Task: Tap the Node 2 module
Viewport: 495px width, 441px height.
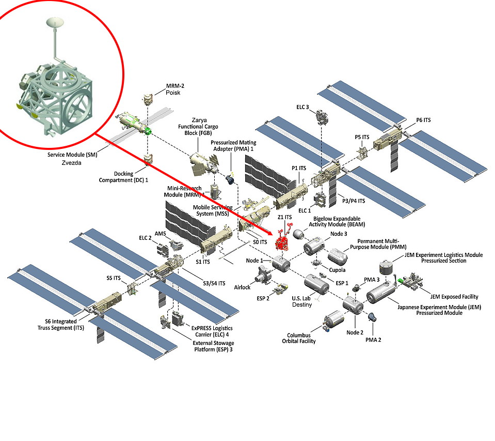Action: tap(354, 305)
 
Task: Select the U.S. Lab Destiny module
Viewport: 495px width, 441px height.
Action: tap(316, 284)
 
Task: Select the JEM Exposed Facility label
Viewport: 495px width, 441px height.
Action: tap(454, 297)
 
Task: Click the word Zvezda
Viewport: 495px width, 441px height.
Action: tap(73, 161)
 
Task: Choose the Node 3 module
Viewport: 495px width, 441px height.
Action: tap(314, 247)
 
